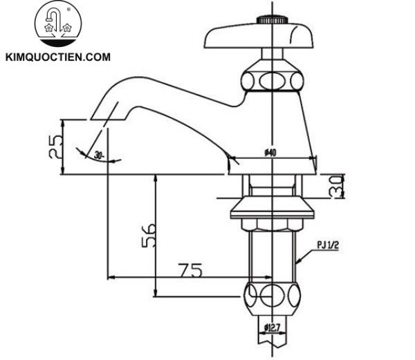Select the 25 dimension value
point(57,146)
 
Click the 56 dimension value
point(148,236)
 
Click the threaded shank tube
point(273,252)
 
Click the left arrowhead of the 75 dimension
point(111,278)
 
